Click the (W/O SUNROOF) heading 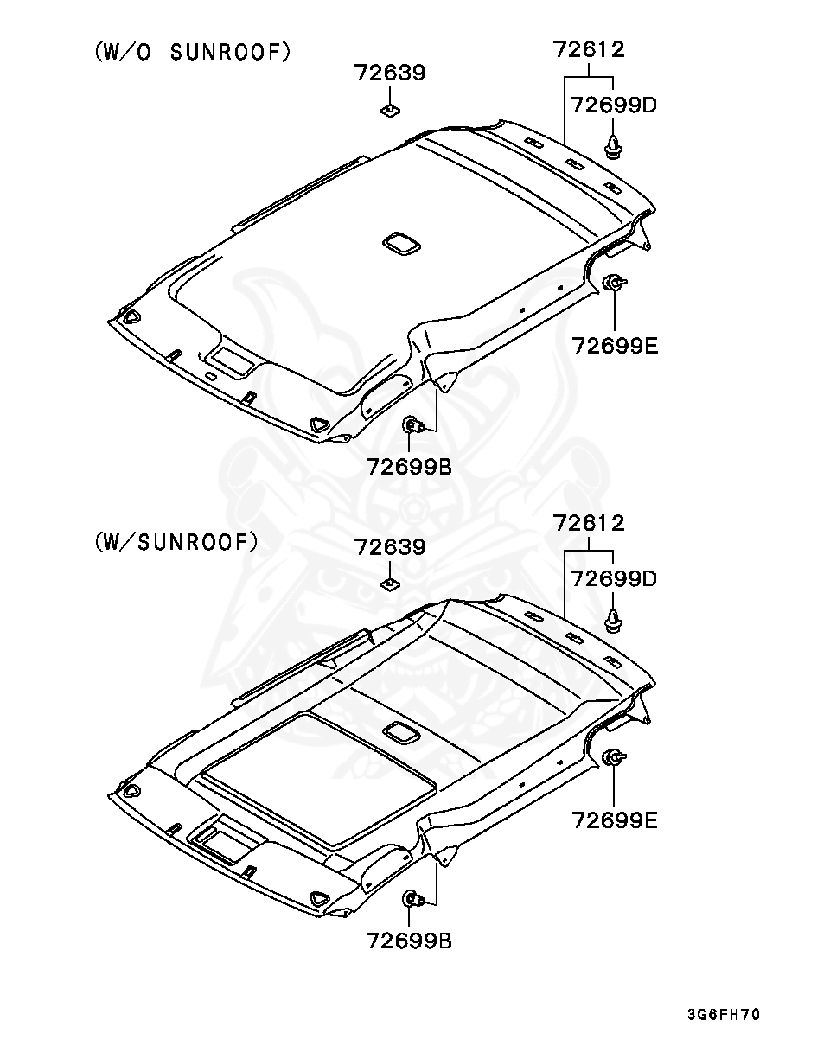[x=193, y=52]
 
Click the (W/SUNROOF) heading [x=176, y=541]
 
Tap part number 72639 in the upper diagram [x=389, y=73]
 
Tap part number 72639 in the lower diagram [x=389, y=547]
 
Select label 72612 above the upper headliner [x=588, y=49]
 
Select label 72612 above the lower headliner [x=588, y=524]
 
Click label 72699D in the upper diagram [x=614, y=105]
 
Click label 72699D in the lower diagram [x=614, y=579]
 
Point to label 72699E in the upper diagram [x=615, y=346]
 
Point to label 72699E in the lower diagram [x=615, y=820]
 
